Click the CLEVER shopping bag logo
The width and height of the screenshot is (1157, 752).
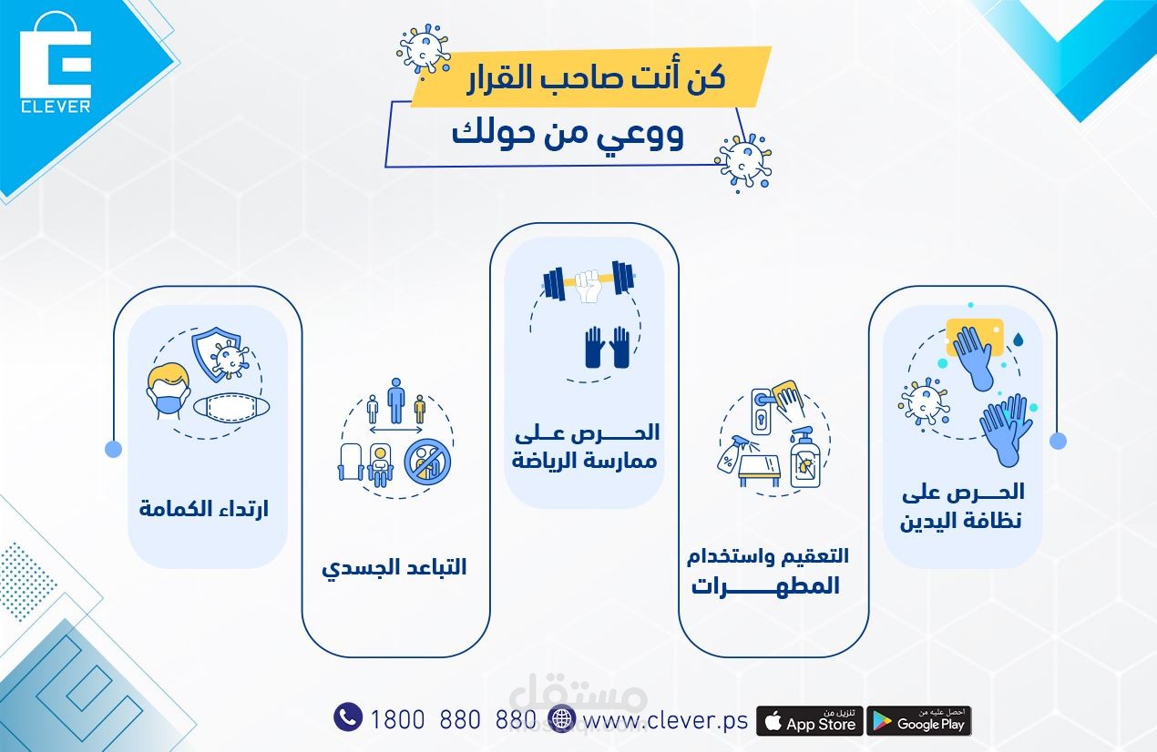(x=56, y=63)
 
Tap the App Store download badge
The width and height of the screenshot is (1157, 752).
(x=809, y=721)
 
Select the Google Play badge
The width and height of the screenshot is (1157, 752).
(x=919, y=721)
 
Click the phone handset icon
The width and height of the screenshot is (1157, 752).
(x=348, y=716)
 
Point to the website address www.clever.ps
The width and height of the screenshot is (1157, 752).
(x=665, y=720)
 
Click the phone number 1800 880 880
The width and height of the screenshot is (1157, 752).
(x=453, y=720)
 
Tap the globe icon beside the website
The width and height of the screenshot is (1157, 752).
(x=561, y=718)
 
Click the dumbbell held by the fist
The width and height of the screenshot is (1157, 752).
(x=589, y=280)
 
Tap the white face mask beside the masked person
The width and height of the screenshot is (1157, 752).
(x=231, y=406)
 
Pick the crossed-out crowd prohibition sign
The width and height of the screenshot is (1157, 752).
(x=427, y=462)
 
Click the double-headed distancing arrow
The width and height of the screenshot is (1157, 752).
(x=396, y=430)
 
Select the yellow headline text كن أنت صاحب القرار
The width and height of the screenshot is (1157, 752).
(x=596, y=78)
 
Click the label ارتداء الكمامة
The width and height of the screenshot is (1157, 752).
(x=204, y=509)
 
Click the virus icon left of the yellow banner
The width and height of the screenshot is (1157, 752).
(x=424, y=49)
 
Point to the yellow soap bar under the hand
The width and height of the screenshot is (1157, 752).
(x=975, y=337)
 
